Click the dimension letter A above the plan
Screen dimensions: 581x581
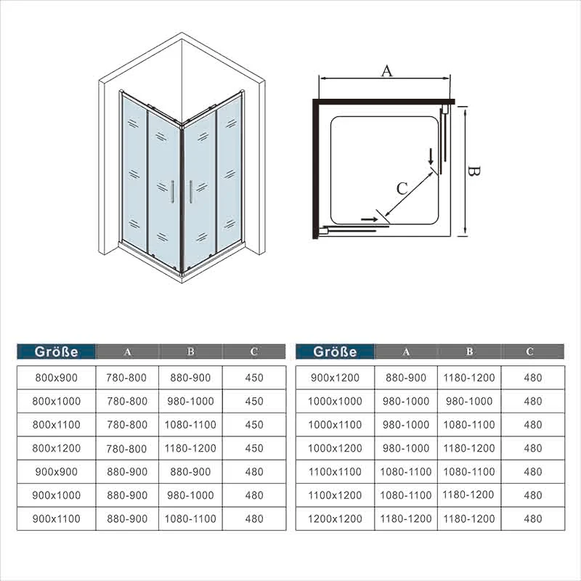coord(386,70)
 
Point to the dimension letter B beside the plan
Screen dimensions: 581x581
coord(474,171)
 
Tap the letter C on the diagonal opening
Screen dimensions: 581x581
coord(402,189)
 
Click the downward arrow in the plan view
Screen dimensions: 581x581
coord(431,156)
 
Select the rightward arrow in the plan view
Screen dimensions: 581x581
coord(370,219)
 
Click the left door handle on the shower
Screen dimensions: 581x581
coord(173,192)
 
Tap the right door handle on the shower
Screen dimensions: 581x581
coord(191,192)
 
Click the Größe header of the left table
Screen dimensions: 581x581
coord(57,352)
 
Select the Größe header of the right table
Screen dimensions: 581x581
coord(335,352)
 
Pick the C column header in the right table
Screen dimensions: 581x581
coord(530,352)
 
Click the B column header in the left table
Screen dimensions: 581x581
coord(191,352)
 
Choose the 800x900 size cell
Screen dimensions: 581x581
coord(57,378)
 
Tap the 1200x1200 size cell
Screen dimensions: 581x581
coord(335,519)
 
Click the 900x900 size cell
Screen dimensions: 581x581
coord(57,471)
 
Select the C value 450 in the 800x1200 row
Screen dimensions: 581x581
coord(254,448)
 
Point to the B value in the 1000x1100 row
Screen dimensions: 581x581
coord(469,425)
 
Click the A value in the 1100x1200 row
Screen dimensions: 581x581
coord(406,495)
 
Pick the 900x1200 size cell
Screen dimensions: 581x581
coord(335,378)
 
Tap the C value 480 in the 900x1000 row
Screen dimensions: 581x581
coord(254,495)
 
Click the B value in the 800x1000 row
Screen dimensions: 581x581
coord(190,402)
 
